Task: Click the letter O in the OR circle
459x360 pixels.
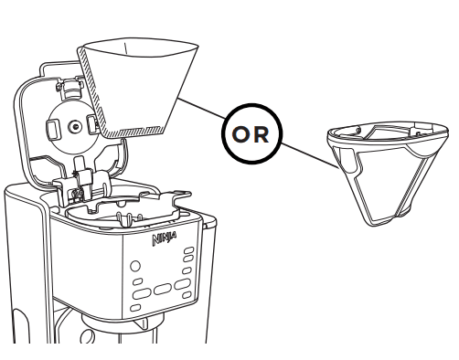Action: coord(240,134)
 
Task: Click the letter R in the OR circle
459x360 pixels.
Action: coord(262,134)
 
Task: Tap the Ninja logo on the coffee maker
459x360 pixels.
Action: coord(165,239)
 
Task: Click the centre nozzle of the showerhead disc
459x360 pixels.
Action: coord(75,127)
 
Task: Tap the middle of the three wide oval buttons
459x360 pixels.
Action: coord(162,289)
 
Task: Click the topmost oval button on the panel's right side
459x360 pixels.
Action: coord(189,250)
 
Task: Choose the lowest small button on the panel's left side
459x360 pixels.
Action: coord(135,308)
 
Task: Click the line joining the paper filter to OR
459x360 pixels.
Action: coord(202,109)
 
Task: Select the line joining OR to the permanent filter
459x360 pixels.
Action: coord(309,155)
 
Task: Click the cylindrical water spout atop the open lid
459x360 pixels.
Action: coord(72,89)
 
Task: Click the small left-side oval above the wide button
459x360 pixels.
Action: coord(138,281)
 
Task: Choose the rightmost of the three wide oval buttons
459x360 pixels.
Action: coord(183,284)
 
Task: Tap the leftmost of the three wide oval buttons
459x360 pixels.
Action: coord(142,294)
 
